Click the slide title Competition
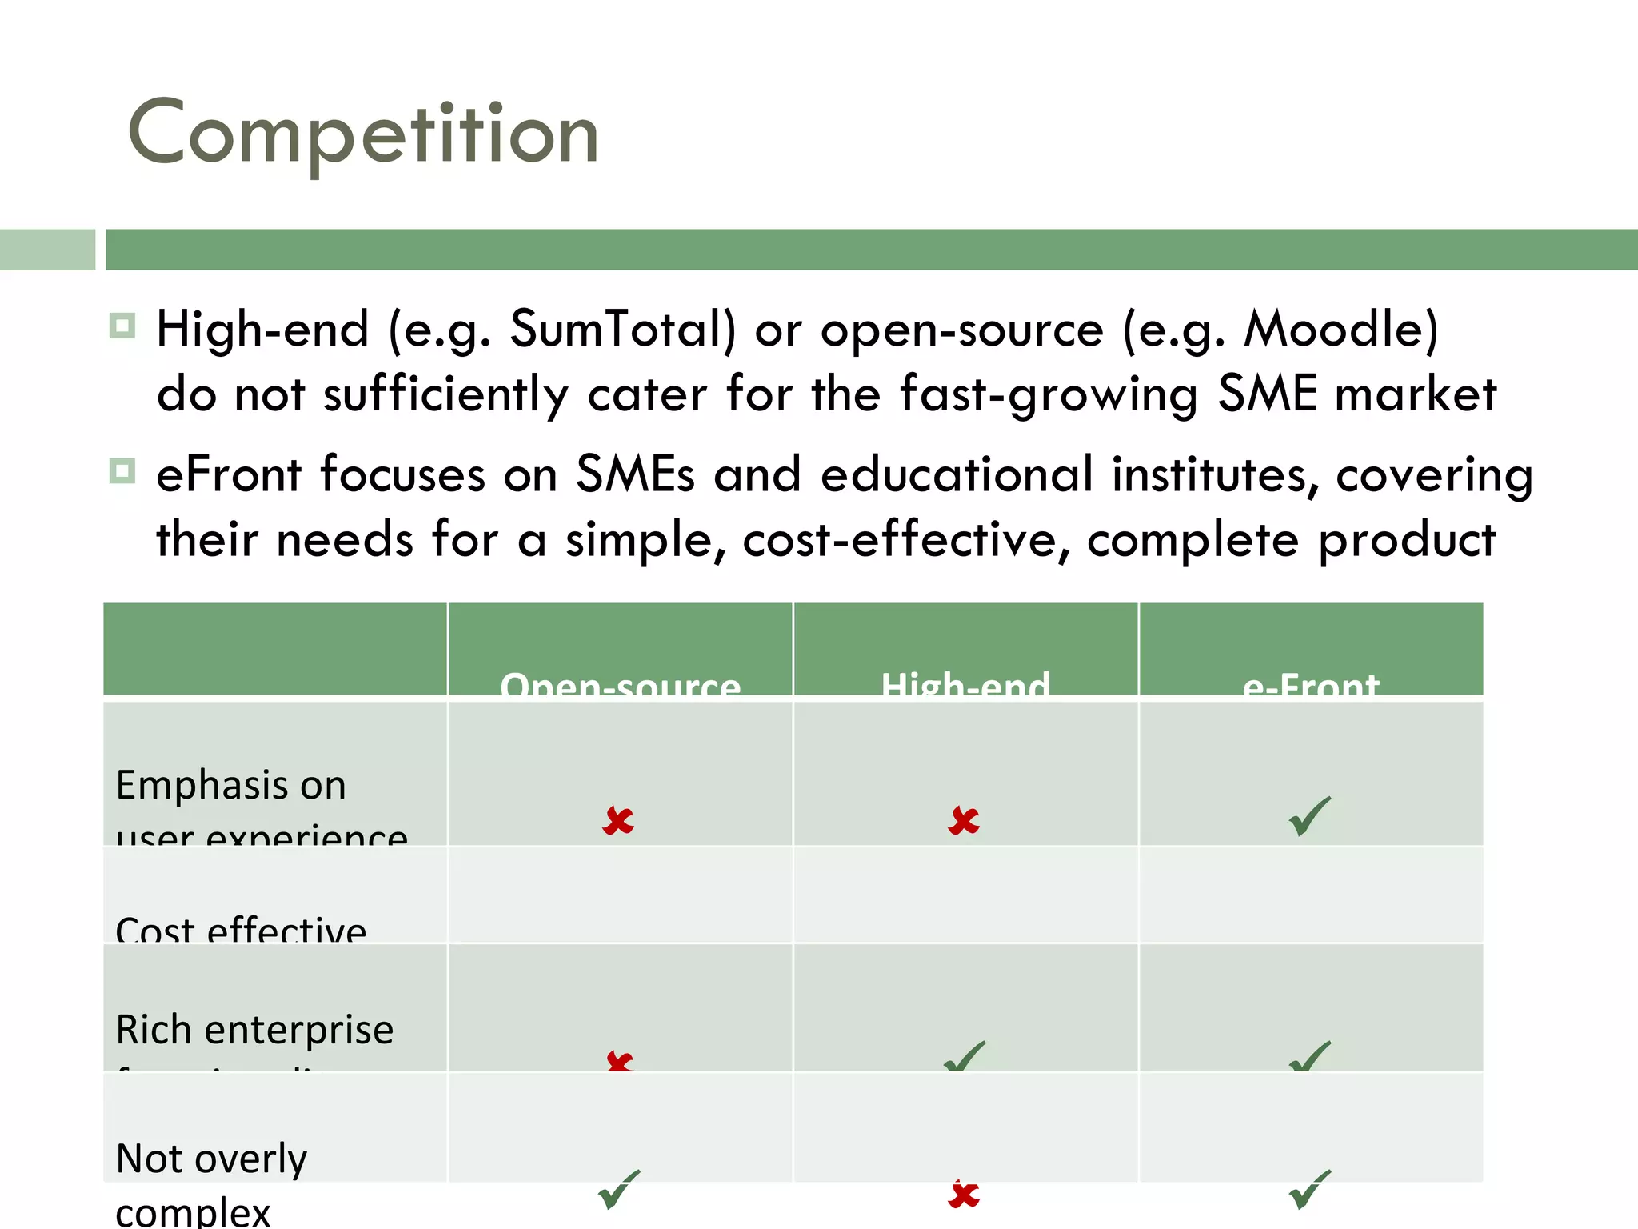[x=363, y=133]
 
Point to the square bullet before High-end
[x=122, y=326]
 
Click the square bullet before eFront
[x=122, y=470]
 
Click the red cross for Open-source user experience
[x=618, y=821]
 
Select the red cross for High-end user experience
[x=964, y=821]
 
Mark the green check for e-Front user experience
[x=1310, y=816]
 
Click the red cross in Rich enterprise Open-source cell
[x=620, y=1062]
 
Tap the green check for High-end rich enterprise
[x=965, y=1057]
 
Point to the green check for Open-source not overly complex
[x=619, y=1190]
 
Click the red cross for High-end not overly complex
[x=964, y=1195]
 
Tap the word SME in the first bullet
[x=1267, y=394]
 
